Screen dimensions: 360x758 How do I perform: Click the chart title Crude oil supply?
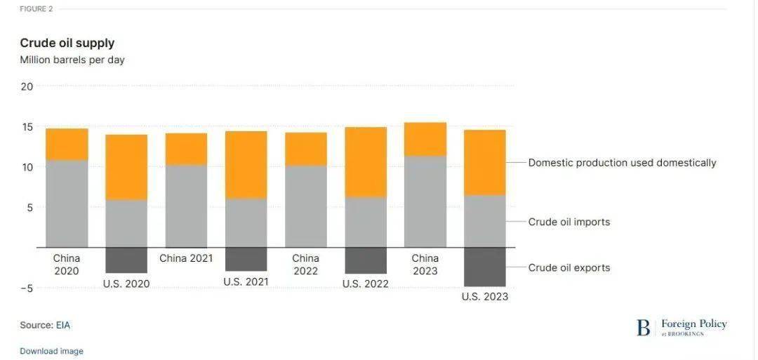click(67, 44)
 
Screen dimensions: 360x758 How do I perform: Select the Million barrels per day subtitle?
click(72, 60)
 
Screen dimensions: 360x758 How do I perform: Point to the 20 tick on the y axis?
click(27, 86)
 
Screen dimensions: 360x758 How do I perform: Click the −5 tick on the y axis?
click(25, 288)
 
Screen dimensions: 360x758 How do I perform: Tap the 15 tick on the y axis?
click(27, 127)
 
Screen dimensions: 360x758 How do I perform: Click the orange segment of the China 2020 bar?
click(67, 144)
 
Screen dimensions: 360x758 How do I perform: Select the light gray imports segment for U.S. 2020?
click(126, 223)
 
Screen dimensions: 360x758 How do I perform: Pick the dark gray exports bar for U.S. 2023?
click(484, 267)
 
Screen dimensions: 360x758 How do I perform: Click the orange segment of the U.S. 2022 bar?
click(366, 162)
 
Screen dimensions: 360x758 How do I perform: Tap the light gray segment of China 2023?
click(425, 201)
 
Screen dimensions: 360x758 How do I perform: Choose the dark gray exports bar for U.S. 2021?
click(246, 259)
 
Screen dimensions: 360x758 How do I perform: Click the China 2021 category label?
click(186, 258)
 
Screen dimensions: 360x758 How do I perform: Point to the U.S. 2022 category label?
click(366, 284)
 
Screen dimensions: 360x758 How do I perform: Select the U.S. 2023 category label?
click(485, 297)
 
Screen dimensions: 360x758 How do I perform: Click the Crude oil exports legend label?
click(569, 268)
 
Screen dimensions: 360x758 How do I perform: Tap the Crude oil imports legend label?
click(569, 222)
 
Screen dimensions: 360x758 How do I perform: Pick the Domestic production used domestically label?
click(622, 163)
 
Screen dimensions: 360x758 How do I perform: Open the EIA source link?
click(63, 326)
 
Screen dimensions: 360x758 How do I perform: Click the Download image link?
click(51, 351)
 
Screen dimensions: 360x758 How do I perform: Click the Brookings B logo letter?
click(643, 328)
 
